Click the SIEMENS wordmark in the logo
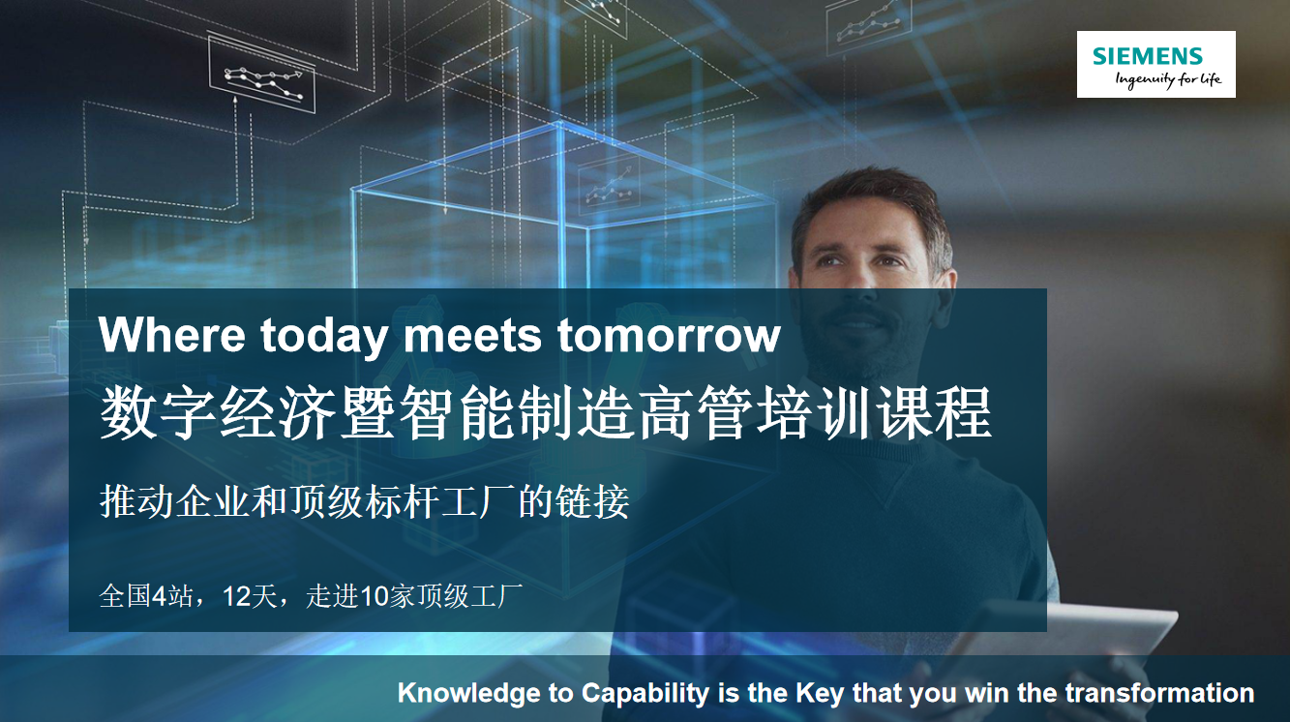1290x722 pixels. (x=1148, y=56)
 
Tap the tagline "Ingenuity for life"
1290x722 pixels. (x=1168, y=79)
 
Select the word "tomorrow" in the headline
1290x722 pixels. (x=669, y=335)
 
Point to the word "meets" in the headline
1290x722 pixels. (x=472, y=335)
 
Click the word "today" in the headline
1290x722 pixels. (x=323, y=338)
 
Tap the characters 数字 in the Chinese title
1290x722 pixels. (x=159, y=413)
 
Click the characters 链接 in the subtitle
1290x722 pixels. (x=592, y=501)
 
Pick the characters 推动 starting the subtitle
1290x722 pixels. (x=136, y=501)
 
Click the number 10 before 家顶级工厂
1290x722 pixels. (x=375, y=596)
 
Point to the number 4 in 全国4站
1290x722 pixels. (x=159, y=596)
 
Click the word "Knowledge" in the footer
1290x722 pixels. (x=467, y=694)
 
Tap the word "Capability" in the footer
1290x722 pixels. (x=645, y=694)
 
